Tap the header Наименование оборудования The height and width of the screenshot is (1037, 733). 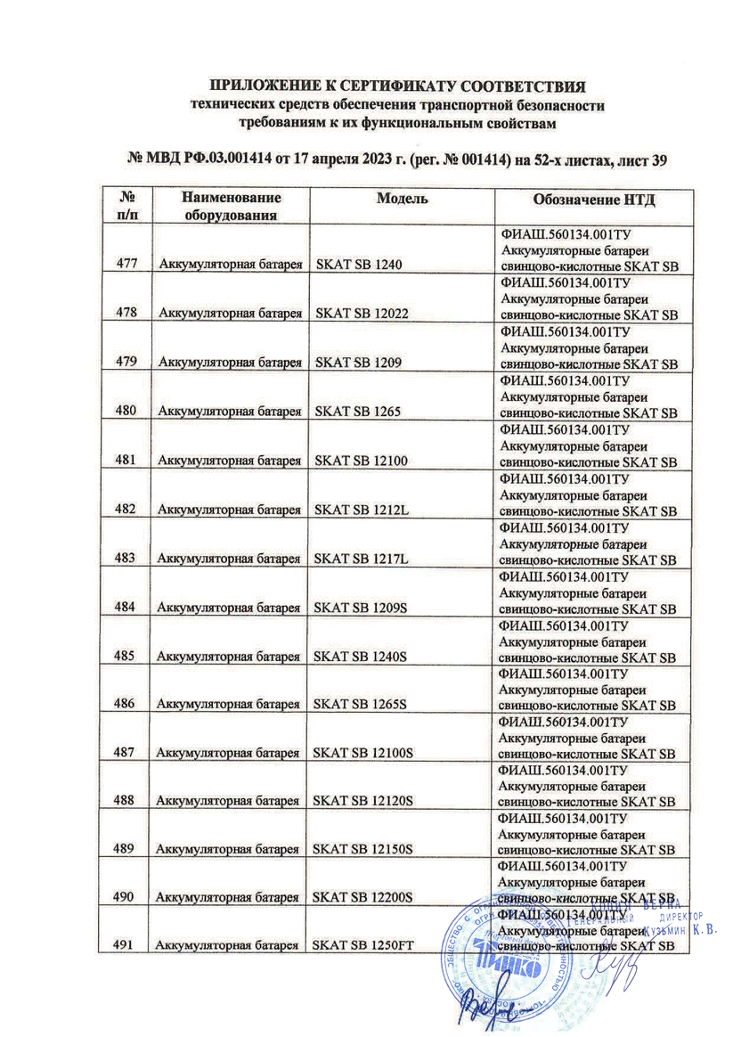(231, 206)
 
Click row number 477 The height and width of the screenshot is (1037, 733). (125, 264)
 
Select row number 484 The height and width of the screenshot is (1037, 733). (125, 608)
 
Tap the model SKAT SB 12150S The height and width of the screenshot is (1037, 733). (365, 850)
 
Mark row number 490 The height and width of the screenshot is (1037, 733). (125, 897)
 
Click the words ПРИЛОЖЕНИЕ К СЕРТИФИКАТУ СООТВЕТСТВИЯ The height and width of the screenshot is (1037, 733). (397, 86)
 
